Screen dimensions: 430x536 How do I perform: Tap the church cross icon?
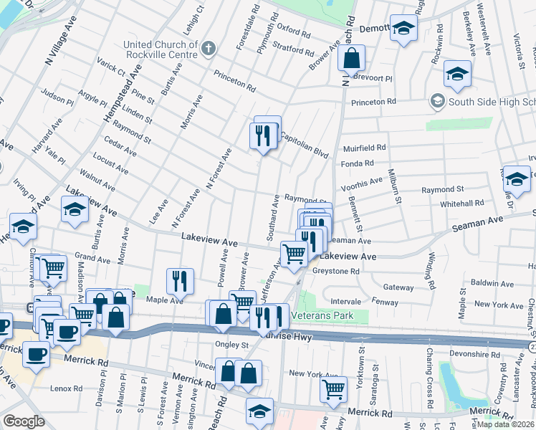(209, 49)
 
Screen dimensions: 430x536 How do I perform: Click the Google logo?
(24, 421)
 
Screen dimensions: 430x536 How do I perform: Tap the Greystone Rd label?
(335, 271)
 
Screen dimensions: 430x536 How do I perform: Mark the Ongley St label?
(230, 345)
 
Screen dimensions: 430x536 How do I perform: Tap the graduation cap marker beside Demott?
(403, 29)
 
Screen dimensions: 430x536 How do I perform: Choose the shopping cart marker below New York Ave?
(333, 388)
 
